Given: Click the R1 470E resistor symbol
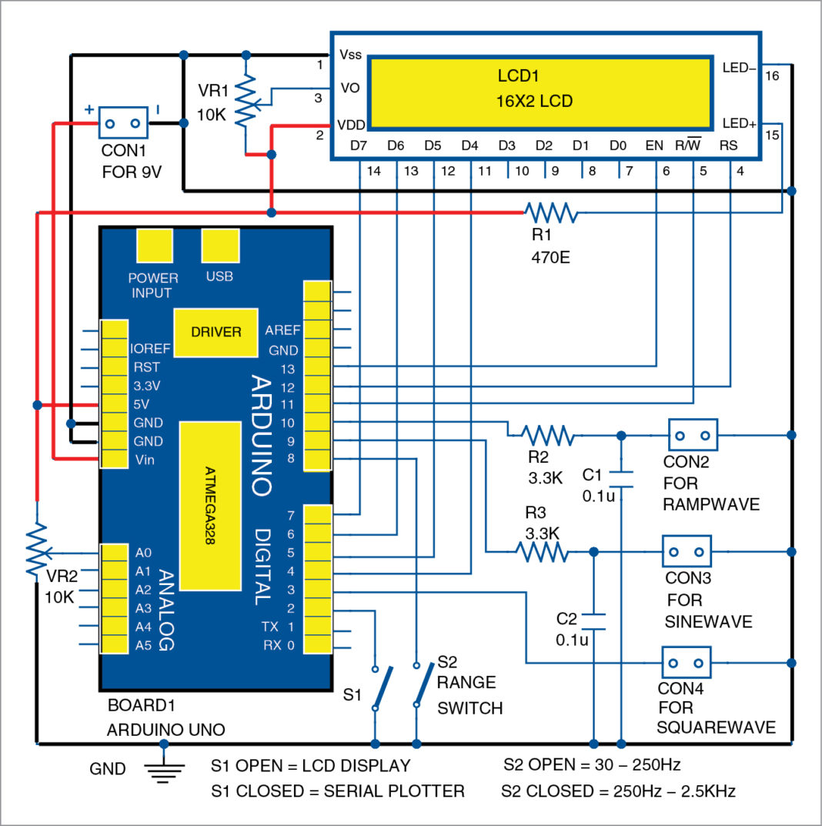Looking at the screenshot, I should click(x=550, y=212).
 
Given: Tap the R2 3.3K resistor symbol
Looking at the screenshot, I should click(x=548, y=436).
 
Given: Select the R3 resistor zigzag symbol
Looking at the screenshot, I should click(x=542, y=551).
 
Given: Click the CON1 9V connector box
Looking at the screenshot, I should click(x=122, y=123).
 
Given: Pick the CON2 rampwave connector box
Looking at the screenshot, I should click(x=693, y=435).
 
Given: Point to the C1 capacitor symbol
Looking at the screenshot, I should click(x=621, y=477).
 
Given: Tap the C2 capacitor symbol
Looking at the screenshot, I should click(x=593, y=620).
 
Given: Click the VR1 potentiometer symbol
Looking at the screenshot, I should click(x=246, y=105).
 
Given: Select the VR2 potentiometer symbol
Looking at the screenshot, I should click(x=36, y=552).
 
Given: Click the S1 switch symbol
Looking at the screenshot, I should click(x=382, y=687).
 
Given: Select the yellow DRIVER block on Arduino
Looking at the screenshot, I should click(x=216, y=333).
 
